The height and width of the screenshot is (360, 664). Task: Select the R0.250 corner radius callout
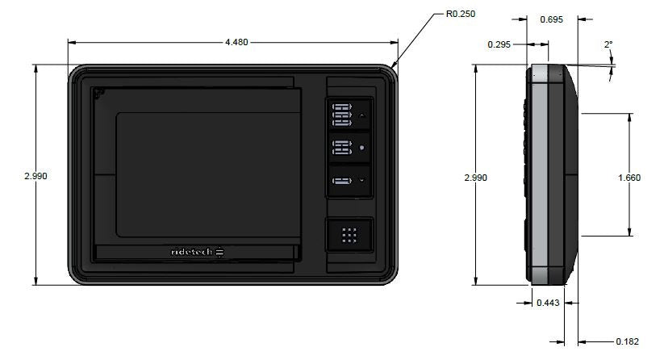(x=461, y=14)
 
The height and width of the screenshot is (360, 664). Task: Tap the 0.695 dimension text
(x=551, y=19)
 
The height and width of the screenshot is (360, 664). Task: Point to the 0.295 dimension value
(x=500, y=44)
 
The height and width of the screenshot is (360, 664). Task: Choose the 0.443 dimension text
(x=548, y=303)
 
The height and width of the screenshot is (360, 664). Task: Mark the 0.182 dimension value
(x=627, y=341)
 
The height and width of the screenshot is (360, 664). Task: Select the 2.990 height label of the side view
(x=477, y=177)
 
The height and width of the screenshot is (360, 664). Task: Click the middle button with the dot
(x=349, y=148)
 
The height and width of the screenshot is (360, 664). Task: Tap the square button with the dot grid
(x=349, y=236)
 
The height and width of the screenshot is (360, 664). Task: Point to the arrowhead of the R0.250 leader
(x=394, y=68)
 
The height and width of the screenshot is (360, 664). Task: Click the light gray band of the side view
(x=539, y=174)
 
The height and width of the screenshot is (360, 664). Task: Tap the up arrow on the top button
(x=362, y=115)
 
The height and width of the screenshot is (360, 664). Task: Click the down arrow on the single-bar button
(x=362, y=180)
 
